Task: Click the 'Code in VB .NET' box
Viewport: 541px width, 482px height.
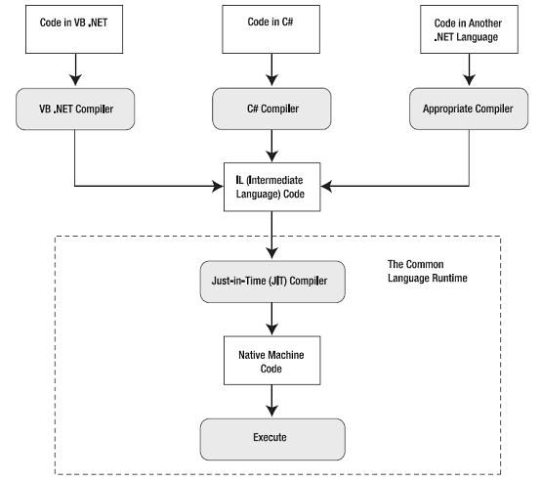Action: (74, 29)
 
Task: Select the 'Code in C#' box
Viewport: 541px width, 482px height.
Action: (270, 29)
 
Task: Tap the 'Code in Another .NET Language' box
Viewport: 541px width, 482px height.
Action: (469, 29)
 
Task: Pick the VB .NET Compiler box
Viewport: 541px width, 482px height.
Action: (75, 109)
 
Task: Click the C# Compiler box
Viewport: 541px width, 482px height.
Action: (271, 109)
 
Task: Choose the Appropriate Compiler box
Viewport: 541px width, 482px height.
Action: (469, 109)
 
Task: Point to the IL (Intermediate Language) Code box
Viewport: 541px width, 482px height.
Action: (271, 187)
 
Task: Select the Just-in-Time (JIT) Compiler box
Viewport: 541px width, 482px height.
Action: (272, 282)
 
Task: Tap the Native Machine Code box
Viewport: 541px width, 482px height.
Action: (271, 361)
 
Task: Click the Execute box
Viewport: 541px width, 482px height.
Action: (272, 440)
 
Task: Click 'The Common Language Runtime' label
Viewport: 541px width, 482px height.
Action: (427, 271)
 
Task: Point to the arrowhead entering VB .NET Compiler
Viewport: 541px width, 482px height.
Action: (75, 80)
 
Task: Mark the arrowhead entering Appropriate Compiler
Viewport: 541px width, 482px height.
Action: (469, 80)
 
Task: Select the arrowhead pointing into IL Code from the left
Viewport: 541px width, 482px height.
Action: (218, 186)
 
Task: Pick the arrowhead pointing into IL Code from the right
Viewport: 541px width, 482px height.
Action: (327, 186)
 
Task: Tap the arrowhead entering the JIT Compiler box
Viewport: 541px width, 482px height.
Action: (271, 253)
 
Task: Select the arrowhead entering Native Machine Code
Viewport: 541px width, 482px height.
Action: (271, 329)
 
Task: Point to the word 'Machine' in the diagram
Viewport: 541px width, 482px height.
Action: (287, 355)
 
